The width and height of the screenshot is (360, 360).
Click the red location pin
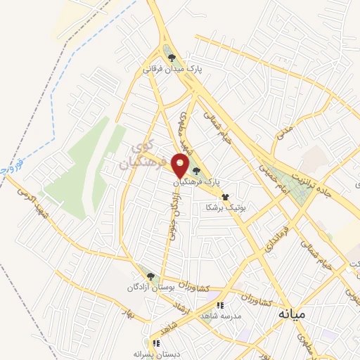[x=181, y=165]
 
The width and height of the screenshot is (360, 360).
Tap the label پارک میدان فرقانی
[x=172, y=69]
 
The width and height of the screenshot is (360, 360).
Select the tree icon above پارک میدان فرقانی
[x=169, y=57]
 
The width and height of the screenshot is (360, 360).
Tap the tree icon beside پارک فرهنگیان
[x=196, y=170]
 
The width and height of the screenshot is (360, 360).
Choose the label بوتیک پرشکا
[x=224, y=208]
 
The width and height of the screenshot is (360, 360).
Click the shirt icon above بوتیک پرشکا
[x=225, y=198]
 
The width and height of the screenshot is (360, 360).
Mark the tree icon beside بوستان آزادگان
[x=150, y=276]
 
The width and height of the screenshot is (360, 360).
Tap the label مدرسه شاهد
[x=220, y=316]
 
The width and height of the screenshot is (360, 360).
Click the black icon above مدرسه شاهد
[x=220, y=306]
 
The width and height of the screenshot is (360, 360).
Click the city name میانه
[x=291, y=313]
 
